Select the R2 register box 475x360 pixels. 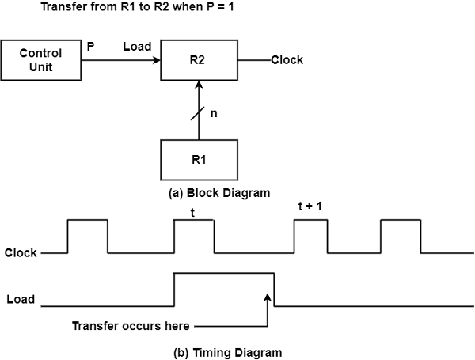coord(199,59)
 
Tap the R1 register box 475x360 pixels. coord(199,158)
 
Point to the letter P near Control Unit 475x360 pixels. coord(90,47)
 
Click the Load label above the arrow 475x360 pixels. coord(138,47)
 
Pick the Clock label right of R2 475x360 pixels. coord(287,60)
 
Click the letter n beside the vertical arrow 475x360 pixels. coord(213,113)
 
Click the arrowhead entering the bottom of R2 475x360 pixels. coord(199,85)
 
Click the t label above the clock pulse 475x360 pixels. coord(192,212)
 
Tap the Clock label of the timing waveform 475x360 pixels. coord(21,254)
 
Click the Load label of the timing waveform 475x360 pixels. coord(20,300)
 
